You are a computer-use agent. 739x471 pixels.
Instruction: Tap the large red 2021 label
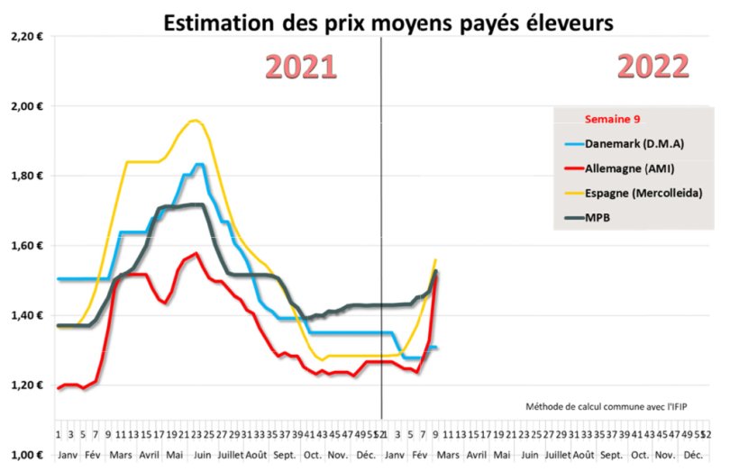[301, 67]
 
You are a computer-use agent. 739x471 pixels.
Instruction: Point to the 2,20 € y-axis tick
[25, 36]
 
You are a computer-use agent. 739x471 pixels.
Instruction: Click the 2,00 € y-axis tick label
[25, 106]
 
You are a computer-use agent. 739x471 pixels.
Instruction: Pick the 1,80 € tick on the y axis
[25, 176]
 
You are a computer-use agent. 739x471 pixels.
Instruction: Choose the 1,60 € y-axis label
[25, 246]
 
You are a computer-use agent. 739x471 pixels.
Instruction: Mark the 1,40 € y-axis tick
[25, 315]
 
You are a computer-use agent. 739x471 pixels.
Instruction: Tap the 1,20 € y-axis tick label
[25, 385]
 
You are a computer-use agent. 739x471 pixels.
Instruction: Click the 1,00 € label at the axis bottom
[25, 456]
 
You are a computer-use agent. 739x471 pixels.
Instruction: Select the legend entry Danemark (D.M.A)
[629, 143]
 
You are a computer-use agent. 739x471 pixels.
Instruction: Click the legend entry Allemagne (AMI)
[629, 168]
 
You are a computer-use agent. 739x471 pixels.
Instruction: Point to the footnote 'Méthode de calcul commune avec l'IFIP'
[602, 407]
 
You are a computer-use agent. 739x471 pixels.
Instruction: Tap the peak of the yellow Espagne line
[194, 120]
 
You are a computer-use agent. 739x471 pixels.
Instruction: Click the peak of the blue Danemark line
[198, 165]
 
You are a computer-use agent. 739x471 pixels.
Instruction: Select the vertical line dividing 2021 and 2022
[382, 225]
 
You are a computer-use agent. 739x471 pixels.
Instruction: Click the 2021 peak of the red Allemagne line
[196, 254]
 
